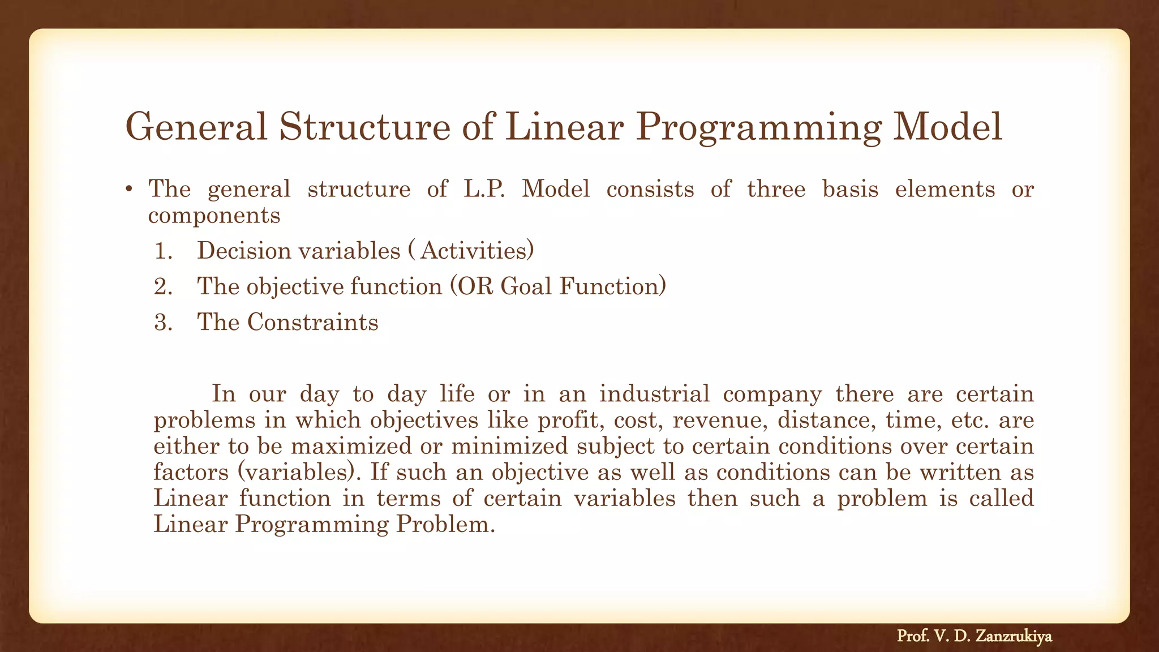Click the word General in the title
point(195,127)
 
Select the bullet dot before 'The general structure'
point(129,190)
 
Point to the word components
point(214,216)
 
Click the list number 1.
point(162,251)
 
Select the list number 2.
point(162,287)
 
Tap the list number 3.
point(162,323)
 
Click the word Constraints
point(312,322)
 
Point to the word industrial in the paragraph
point(654,393)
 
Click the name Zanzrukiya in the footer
point(1014,636)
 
